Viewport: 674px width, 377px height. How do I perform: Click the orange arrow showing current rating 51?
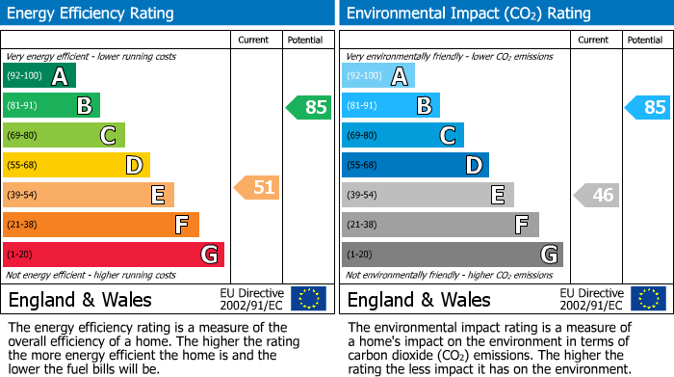click(257, 187)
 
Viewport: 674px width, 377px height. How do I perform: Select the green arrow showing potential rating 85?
click(309, 107)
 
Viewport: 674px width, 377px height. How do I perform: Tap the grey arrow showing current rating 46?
click(596, 196)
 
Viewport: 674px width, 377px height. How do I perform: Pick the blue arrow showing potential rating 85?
click(647, 107)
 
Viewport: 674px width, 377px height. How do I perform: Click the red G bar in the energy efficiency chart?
click(114, 255)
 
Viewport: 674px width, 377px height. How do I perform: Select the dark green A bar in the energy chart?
click(39, 76)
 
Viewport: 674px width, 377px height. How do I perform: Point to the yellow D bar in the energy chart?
click(76, 166)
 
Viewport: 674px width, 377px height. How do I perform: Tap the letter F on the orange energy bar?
click(181, 226)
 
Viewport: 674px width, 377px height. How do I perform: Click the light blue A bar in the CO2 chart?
click(378, 76)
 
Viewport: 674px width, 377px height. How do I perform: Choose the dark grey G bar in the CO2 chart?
click(452, 255)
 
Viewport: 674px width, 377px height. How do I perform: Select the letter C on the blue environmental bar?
click(447, 136)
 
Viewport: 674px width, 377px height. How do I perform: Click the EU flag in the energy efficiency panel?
click(308, 299)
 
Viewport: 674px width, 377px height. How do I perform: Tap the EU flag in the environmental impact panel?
click(647, 299)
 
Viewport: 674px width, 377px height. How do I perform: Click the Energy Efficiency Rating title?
click(91, 13)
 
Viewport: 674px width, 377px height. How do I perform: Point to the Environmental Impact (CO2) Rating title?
click(468, 13)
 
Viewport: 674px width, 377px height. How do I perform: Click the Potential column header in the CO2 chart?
click(645, 40)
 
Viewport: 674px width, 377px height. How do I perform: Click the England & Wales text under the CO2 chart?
click(418, 299)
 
